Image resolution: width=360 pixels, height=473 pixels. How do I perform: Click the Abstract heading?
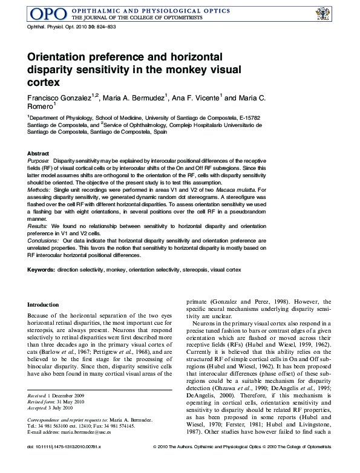tap(38, 154)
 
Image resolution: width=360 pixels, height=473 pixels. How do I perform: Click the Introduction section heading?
tap(44, 305)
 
